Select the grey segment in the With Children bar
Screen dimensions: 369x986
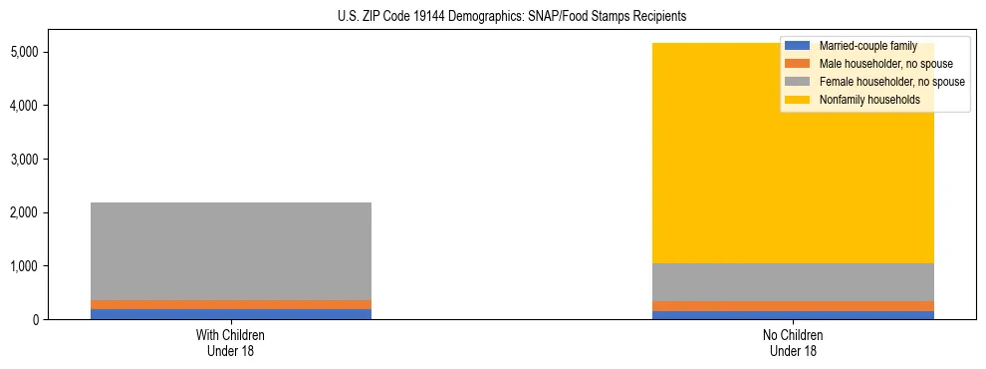click(230, 251)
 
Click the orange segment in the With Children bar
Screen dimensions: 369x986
click(230, 304)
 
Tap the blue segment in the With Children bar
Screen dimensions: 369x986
click(230, 314)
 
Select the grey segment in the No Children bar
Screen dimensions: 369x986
click(794, 282)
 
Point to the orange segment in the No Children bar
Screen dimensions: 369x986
click(794, 306)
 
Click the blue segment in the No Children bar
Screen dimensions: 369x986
click(794, 315)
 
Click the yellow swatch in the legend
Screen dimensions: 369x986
click(799, 100)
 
